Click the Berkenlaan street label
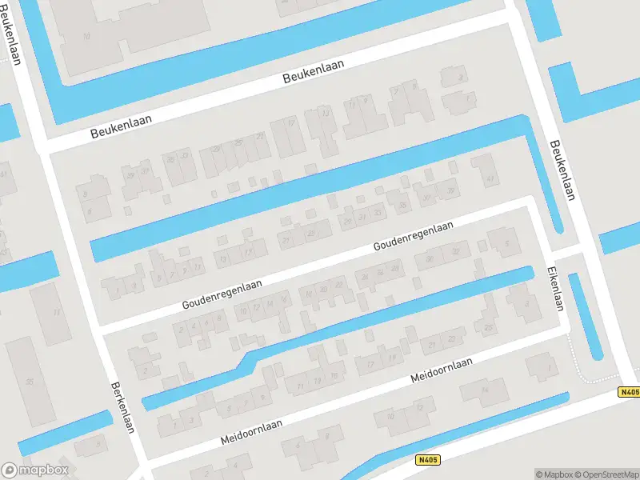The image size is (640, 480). (x=122, y=407)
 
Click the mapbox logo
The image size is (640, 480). (x=35, y=470)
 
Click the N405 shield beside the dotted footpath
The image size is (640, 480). (x=630, y=392)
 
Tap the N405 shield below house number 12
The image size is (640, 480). (x=428, y=460)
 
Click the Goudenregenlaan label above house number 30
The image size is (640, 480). (x=413, y=238)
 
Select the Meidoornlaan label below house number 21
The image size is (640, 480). (x=441, y=370)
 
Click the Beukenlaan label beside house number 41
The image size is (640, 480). (x=562, y=170)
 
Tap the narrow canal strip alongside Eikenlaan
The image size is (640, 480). (x=586, y=316)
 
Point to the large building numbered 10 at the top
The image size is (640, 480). (x=88, y=36)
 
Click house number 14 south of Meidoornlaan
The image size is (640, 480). (x=482, y=390)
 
